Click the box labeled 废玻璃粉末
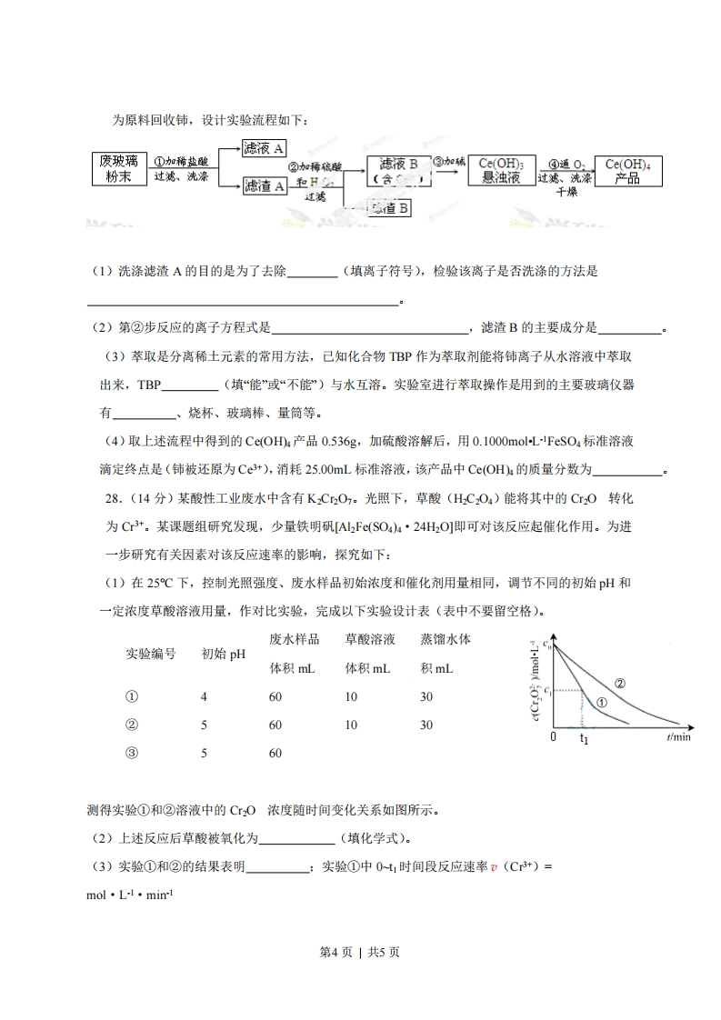point(118,168)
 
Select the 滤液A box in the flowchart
point(265,149)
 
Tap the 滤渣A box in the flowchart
point(265,186)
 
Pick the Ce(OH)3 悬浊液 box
point(501,171)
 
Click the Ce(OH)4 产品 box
point(627,171)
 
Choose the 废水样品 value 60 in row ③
point(275,754)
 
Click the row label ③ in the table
point(132,754)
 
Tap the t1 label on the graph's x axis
point(585,740)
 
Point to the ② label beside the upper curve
point(620,684)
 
